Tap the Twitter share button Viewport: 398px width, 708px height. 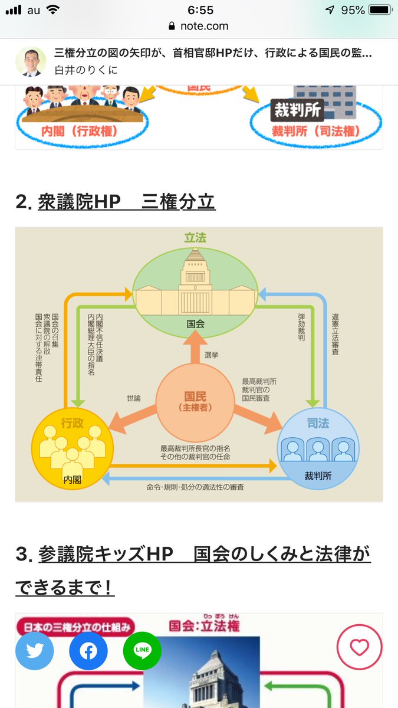(x=35, y=651)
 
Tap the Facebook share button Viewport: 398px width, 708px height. (x=88, y=651)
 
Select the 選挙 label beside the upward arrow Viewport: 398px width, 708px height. (x=212, y=355)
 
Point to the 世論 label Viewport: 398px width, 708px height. (x=134, y=398)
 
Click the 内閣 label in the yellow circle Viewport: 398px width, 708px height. (x=73, y=480)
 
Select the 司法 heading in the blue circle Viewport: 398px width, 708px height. (x=318, y=423)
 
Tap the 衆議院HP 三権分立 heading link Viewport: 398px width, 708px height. (x=126, y=202)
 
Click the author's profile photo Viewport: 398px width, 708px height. (x=31, y=62)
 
